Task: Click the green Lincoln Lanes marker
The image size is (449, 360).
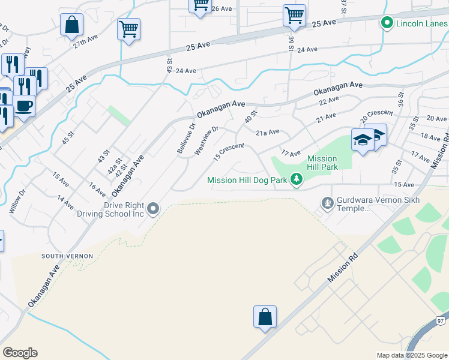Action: (387, 23)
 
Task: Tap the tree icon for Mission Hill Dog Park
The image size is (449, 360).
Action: (295, 179)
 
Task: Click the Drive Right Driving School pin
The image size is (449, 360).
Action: (154, 209)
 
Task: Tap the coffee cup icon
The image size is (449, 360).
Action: (24, 106)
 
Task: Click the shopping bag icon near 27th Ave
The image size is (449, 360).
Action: (71, 25)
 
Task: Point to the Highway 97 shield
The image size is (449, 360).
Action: (439, 321)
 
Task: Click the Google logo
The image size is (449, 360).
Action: (20, 353)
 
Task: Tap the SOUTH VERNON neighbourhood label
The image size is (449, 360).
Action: (67, 256)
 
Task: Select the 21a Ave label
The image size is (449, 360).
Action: (268, 132)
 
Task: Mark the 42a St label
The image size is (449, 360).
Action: (112, 166)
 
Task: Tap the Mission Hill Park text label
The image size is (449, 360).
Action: (322, 163)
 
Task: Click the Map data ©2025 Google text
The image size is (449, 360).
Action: (411, 355)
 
